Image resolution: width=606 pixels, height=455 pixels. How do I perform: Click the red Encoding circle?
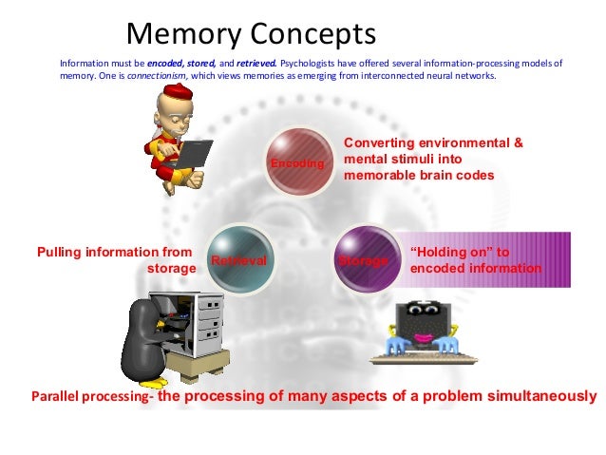click(x=298, y=162)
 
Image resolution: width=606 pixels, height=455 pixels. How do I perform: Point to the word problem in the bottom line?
click(x=428, y=395)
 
